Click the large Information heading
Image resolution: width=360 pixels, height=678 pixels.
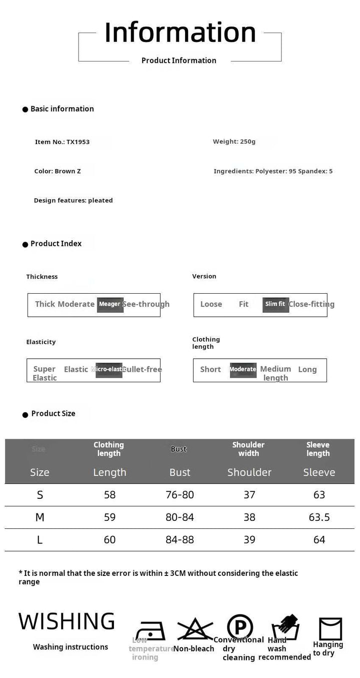point(180,33)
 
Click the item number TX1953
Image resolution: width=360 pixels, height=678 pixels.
point(78,142)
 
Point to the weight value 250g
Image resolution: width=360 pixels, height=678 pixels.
point(247,142)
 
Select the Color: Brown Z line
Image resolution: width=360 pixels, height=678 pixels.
point(57,171)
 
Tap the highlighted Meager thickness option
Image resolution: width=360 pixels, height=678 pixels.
point(110,304)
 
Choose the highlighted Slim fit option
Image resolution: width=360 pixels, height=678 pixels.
point(275,304)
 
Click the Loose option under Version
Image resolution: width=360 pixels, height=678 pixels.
point(211,304)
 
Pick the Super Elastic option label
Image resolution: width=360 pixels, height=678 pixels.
point(44,373)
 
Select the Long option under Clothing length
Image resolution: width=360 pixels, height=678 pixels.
point(307,369)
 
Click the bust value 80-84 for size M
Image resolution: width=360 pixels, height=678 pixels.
point(180,517)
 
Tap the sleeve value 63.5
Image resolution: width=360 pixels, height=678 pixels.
point(319,517)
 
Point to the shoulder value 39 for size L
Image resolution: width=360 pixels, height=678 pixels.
point(249,540)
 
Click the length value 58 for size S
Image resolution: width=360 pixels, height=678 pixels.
point(110,495)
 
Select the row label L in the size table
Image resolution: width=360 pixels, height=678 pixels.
point(39,540)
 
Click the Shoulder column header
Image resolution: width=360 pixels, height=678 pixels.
point(249,472)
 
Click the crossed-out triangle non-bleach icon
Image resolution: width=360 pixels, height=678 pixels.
point(194,629)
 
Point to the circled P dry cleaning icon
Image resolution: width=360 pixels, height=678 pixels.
point(239,627)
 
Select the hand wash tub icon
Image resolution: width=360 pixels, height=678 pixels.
point(285,628)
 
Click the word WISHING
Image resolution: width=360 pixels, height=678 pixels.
point(66,621)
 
